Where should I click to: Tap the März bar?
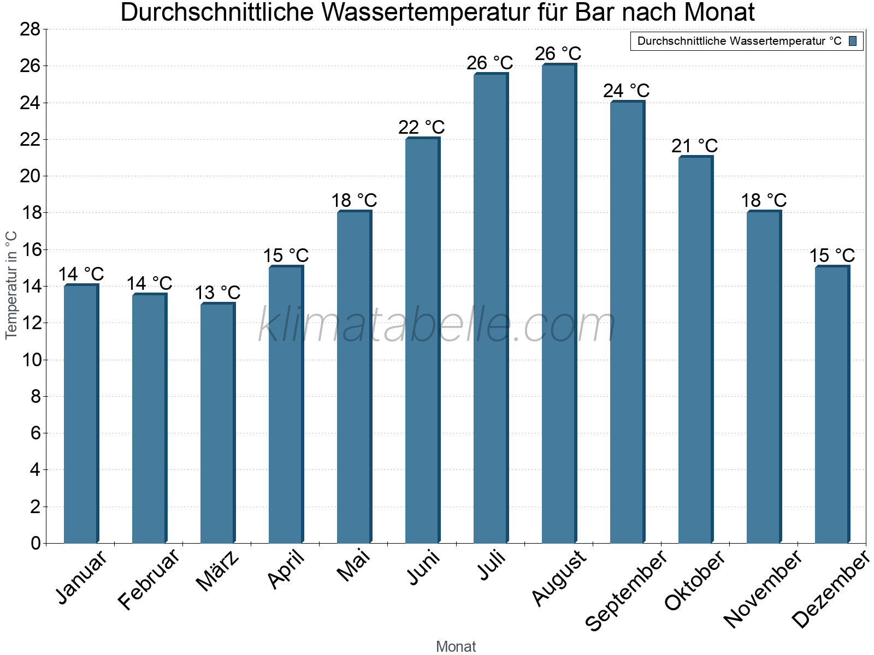tap(217, 423)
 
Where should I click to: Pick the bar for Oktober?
tap(695, 349)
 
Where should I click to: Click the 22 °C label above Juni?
tap(421, 127)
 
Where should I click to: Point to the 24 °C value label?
tap(626, 91)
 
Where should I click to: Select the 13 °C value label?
tap(217, 293)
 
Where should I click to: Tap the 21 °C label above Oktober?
tap(694, 146)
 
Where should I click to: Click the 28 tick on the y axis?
tap(30, 29)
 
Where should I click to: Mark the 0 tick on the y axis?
tap(36, 543)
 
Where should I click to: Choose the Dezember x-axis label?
tap(830, 589)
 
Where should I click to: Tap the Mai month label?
tap(353, 565)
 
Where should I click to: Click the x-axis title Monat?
tap(456, 646)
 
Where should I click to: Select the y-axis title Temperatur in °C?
tap(11, 285)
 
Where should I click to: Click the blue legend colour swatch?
tap(853, 41)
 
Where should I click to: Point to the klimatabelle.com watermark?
tap(436, 325)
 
